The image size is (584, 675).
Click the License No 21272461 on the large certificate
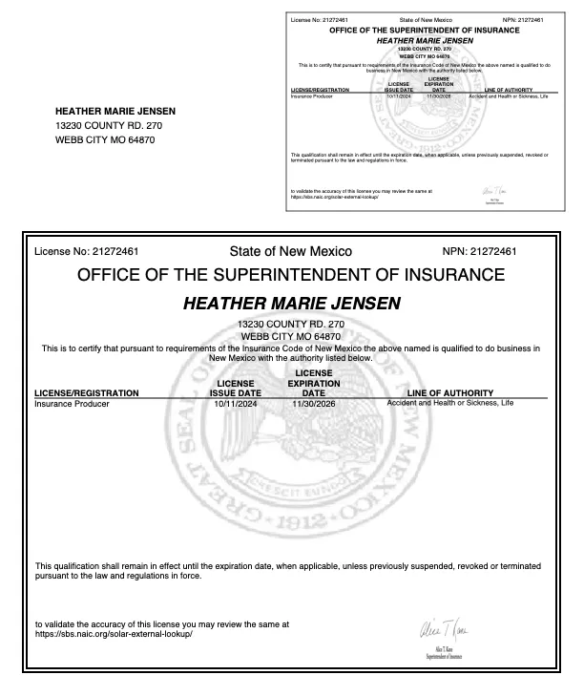click(86, 252)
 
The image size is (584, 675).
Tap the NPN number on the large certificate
click(480, 252)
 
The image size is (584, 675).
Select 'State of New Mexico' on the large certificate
click(291, 252)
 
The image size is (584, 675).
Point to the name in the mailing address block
click(116, 110)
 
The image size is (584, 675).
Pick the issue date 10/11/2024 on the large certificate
click(235, 404)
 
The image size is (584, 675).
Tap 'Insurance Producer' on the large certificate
click(72, 404)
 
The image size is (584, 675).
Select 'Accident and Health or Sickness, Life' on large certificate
click(449, 404)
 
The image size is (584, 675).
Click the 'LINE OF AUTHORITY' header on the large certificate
click(449, 392)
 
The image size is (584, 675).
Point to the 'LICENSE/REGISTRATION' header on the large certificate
click(87, 392)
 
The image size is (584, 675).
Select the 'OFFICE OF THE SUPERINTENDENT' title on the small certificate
click(424, 31)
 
